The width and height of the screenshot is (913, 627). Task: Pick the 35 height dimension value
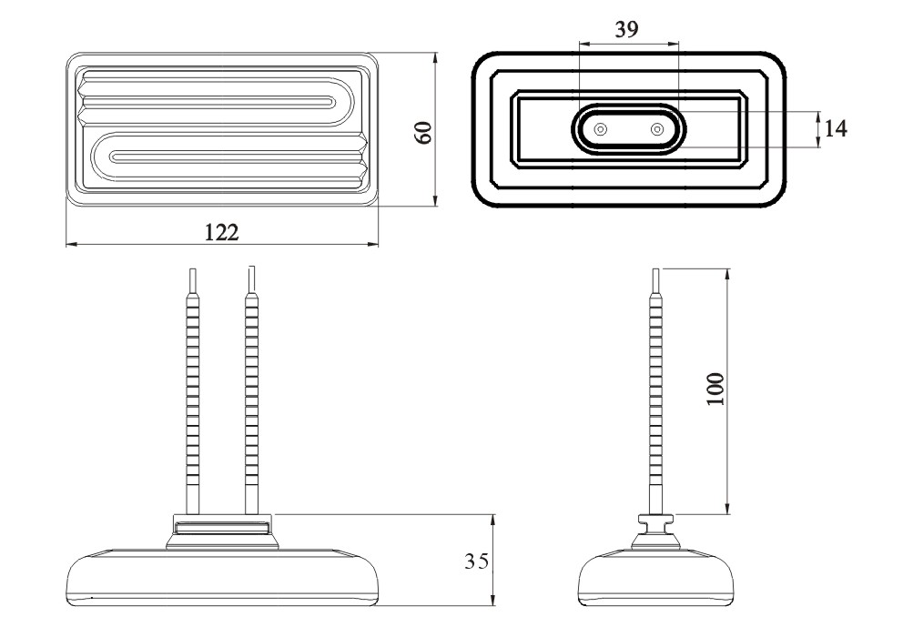click(x=476, y=561)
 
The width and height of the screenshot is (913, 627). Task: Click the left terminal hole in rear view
click(x=600, y=130)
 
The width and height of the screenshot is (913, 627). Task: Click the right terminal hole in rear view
click(x=656, y=130)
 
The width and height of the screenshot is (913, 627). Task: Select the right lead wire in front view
click(x=250, y=391)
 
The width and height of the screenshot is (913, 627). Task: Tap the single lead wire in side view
click(x=657, y=391)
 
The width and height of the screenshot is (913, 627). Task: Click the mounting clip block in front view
click(x=222, y=527)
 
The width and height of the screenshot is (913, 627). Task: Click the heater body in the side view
click(x=657, y=578)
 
